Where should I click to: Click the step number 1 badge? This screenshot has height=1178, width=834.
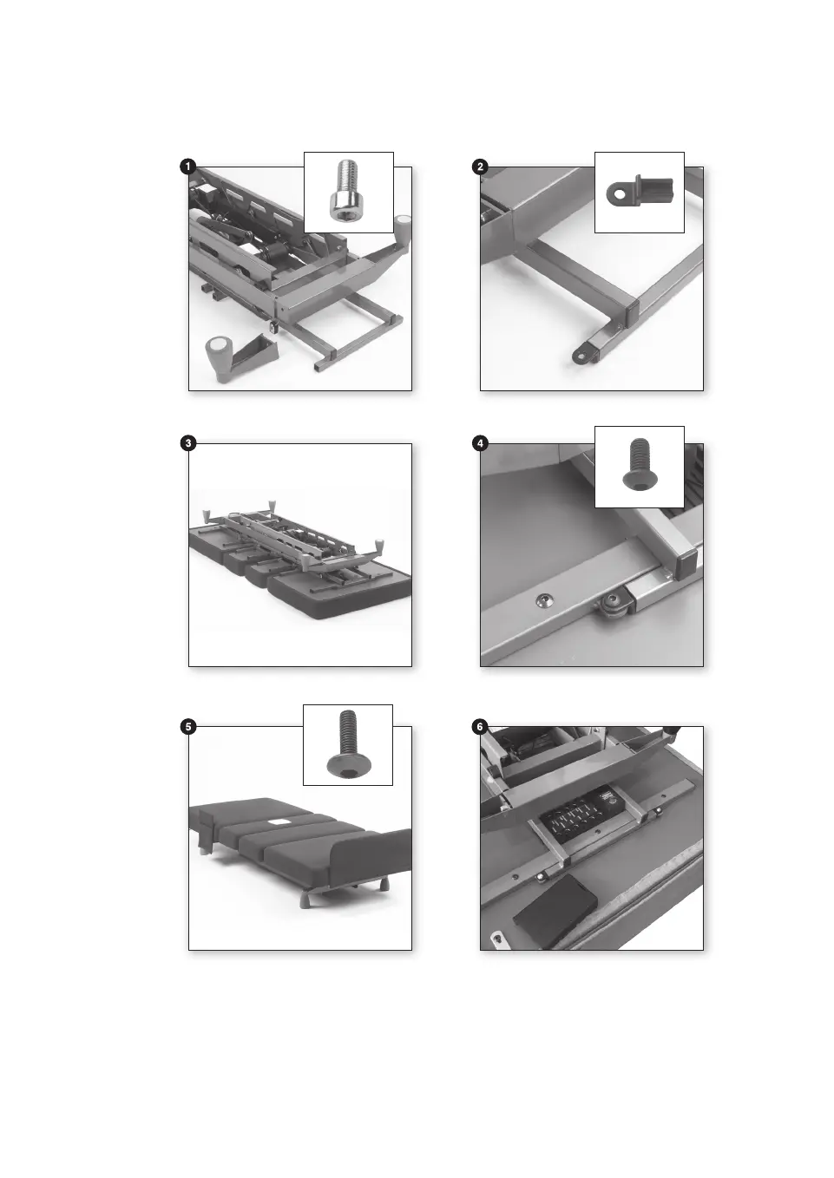click(187, 167)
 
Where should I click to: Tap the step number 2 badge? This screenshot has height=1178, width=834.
click(479, 167)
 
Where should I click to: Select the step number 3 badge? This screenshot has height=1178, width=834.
click(187, 442)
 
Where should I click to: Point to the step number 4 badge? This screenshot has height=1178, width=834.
click(479, 442)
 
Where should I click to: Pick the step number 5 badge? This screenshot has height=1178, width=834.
click(187, 727)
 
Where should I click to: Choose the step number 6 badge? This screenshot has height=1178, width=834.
click(479, 727)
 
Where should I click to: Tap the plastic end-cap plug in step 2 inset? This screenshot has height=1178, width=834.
click(640, 191)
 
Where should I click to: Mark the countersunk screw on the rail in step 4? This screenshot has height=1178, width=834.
click(542, 599)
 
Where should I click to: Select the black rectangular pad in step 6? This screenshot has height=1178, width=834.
click(555, 908)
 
